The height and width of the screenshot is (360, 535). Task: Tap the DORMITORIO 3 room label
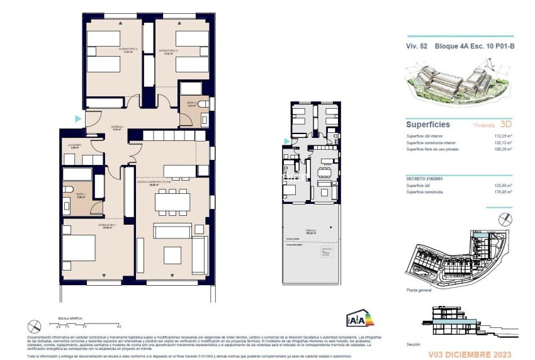pyautogui.click(x=169, y=50)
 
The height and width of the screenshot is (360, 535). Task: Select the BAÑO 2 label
pyautogui.click(x=192, y=104)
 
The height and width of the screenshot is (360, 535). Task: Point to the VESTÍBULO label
pyautogui.click(x=117, y=127)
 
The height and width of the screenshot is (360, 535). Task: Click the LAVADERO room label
pyautogui.click(x=76, y=145)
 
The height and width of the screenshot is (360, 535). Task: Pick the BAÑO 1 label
pyautogui.click(x=81, y=196)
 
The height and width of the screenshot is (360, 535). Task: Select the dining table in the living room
pyautogui.click(x=172, y=200)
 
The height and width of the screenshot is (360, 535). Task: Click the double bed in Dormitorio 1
pyautogui.click(x=79, y=247)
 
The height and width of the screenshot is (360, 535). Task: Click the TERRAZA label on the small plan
pyautogui.click(x=312, y=231)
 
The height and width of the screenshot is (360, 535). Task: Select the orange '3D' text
pyautogui.click(x=505, y=125)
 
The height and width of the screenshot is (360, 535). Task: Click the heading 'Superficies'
pyautogui.click(x=427, y=125)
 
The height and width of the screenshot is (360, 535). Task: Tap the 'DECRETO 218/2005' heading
pyautogui.click(x=427, y=179)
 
